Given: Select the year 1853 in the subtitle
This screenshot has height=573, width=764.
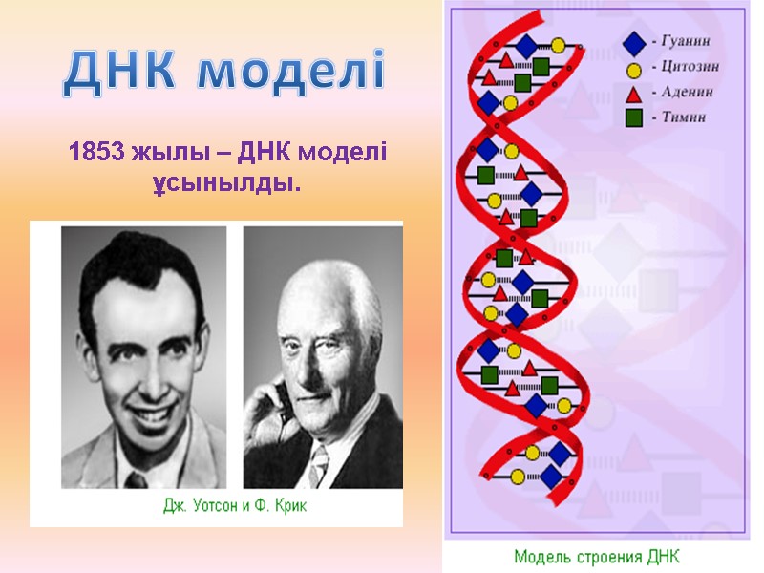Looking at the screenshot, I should (x=94, y=152).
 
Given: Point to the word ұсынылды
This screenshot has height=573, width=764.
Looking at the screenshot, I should (x=227, y=180).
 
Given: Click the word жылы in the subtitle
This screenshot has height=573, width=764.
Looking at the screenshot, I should (x=164, y=152).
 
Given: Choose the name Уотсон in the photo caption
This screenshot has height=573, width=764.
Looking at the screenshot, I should (x=223, y=506).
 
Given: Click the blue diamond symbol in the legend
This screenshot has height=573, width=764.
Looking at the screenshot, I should (x=632, y=43).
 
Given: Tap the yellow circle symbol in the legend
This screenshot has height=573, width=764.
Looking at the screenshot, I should (x=632, y=69).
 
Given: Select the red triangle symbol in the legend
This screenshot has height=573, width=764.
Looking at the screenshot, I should (x=632, y=94).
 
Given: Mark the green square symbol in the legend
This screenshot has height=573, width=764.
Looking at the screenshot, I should (x=632, y=118).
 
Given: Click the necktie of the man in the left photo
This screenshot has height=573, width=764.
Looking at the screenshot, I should (x=136, y=477).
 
